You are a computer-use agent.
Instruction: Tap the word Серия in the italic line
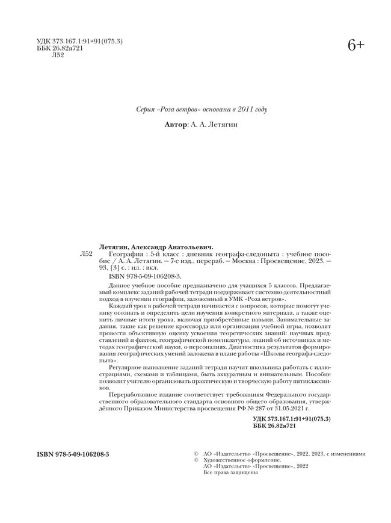click(x=147, y=109)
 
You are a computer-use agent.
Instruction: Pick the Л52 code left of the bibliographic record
click(x=86, y=255)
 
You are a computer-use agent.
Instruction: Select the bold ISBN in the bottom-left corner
click(x=68, y=451)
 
